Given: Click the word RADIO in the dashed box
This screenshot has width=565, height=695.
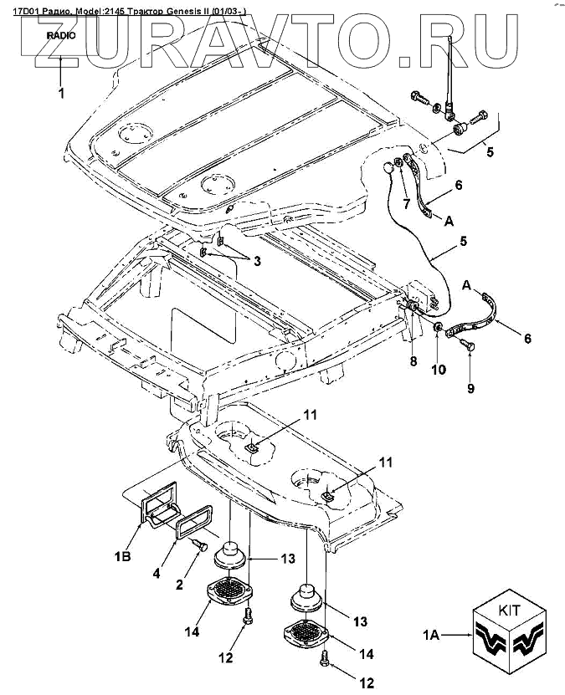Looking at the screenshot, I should pyautogui.click(x=61, y=36).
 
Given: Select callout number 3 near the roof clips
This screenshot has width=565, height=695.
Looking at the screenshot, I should pyautogui.click(x=258, y=261).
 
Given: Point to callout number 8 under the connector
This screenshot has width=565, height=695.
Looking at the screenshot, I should pyautogui.click(x=411, y=361).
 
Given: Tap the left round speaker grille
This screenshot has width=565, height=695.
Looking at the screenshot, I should pyautogui.click(x=229, y=591).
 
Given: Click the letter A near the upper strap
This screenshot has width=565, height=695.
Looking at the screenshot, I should pyautogui.click(x=449, y=221).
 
